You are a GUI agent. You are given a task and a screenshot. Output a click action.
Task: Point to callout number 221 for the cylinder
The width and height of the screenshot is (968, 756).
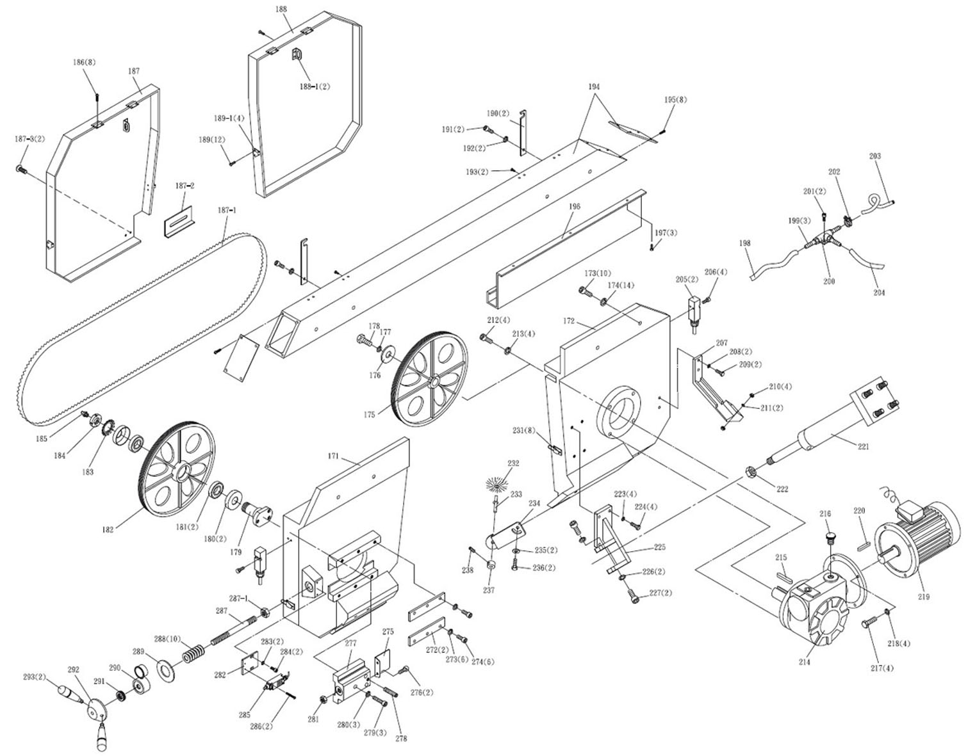(x=863, y=446)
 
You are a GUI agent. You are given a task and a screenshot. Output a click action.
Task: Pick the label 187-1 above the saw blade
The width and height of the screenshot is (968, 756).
(x=227, y=209)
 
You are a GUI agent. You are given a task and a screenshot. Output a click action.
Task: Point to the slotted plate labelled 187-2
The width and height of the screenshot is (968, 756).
(x=179, y=221)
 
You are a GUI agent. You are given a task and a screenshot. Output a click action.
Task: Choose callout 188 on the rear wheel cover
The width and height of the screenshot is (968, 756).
(x=281, y=9)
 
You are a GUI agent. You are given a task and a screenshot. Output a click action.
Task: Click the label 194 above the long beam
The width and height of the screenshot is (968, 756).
(x=594, y=86)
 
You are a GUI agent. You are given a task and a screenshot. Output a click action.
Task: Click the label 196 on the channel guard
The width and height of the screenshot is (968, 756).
(x=575, y=207)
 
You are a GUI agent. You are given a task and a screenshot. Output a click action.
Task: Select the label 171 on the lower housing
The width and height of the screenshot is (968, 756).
(x=333, y=456)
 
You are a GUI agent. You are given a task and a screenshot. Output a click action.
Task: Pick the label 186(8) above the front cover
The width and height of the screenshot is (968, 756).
(x=84, y=62)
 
